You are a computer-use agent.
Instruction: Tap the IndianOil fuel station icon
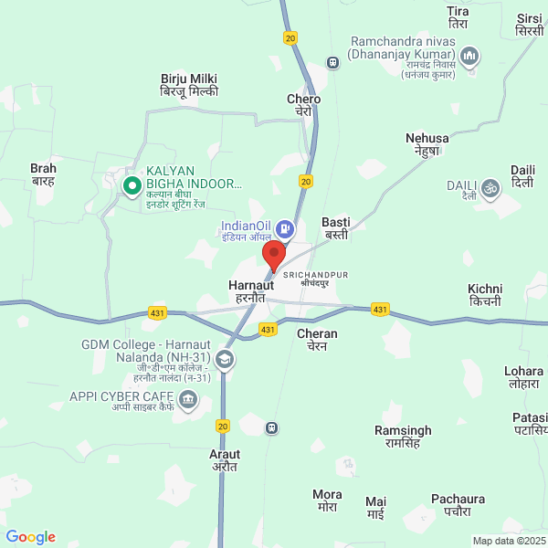(x=285, y=227)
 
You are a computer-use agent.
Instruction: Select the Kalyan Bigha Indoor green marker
(x=132, y=186)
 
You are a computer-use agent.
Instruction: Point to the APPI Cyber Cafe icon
(x=188, y=398)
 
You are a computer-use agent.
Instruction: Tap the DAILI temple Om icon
(x=491, y=188)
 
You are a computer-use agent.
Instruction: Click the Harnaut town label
(x=247, y=291)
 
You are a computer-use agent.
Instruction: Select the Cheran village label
(x=317, y=340)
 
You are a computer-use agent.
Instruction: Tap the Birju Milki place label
(x=188, y=86)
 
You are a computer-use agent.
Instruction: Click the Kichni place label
(x=484, y=294)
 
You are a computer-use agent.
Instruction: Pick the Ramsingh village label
(x=403, y=436)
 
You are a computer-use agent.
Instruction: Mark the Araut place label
(x=225, y=459)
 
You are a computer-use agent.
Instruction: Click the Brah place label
(x=44, y=174)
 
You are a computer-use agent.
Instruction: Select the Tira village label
(x=458, y=17)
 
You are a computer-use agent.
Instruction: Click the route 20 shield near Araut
(x=223, y=426)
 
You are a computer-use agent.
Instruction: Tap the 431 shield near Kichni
(x=381, y=310)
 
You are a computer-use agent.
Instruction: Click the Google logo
(x=31, y=537)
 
